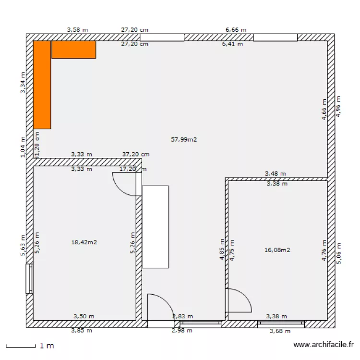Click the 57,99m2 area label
[x=184, y=140]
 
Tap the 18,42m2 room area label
[x=84, y=242]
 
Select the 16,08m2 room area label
[x=277, y=250]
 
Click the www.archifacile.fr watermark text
[x=324, y=345]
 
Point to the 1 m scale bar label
[x=47, y=346]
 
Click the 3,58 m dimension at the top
[x=77, y=30]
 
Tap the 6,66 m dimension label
[x=236, y=30]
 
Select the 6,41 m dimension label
[x=232, y=44]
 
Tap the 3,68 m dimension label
[x=280, y=331]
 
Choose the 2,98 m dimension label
[x=182, y=330]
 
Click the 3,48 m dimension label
[x=276, y=173]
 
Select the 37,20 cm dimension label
[x=136, y=155]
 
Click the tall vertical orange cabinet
[x=42, y=85]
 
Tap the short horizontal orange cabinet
[x=73, y=49]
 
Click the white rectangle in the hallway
[x=155, y=227]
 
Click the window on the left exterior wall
[x=29, y=278]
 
